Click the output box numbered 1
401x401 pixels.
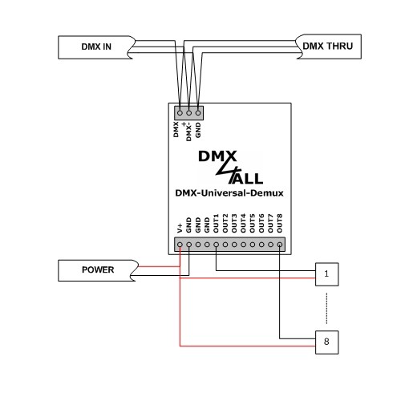(x=326, y=273)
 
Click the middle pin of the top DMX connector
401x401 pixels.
(x=188, y=114)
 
